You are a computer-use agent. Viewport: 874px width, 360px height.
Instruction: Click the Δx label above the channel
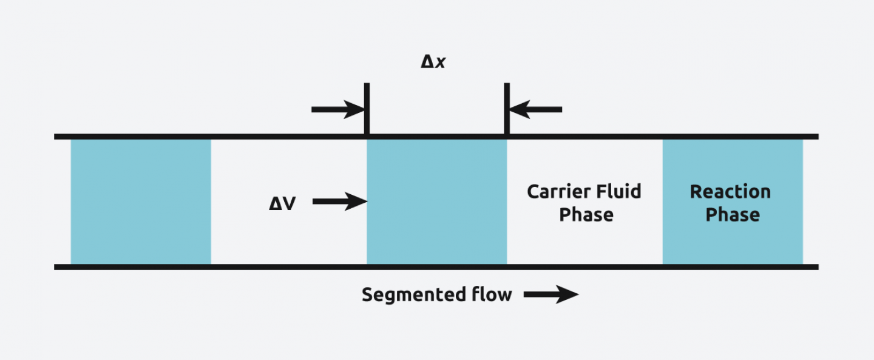pos(433,61)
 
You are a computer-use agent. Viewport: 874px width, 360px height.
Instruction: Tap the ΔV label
pos(282,203)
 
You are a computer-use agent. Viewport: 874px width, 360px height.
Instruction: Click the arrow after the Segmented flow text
pos(550,295)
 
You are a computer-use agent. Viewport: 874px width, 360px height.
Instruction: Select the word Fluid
pos(618,192)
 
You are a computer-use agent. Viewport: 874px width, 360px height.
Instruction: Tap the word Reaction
pos(730,192)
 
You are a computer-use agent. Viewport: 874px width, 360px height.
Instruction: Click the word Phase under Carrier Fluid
pos(586,215)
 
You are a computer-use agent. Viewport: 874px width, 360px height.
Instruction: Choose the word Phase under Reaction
pos(732,215)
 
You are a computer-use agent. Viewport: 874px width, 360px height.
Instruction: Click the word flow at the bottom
pos(492,295)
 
